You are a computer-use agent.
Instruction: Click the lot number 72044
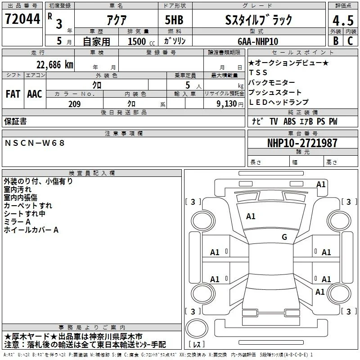coord(22,19)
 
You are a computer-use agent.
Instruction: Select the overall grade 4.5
coord(343,20)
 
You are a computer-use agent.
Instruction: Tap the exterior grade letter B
coord(336,41)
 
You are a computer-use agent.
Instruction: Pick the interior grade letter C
coord(350,41)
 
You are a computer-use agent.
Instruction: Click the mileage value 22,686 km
coord(55,65)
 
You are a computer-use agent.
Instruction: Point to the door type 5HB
coord(174,20)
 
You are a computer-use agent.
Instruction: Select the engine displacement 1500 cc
coord(141,41)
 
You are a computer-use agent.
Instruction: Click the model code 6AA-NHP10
coord(258,41)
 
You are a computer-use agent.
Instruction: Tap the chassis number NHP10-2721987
coord(302,143)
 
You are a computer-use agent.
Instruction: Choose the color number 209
coord(75,104)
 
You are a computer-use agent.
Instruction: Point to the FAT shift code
coord(13,94)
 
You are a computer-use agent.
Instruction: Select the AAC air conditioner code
coord(35,94)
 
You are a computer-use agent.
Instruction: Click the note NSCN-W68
coord(35,143)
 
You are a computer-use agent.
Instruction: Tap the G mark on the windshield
coord(284,237)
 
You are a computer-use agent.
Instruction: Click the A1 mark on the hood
coord(251,216)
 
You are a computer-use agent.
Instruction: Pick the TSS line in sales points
coord(258,72)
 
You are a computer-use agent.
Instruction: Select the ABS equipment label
coord(289,121)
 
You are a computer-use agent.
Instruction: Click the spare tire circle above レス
coord(197,328)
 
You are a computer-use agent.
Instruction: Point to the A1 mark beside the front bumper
coord(321,184)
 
